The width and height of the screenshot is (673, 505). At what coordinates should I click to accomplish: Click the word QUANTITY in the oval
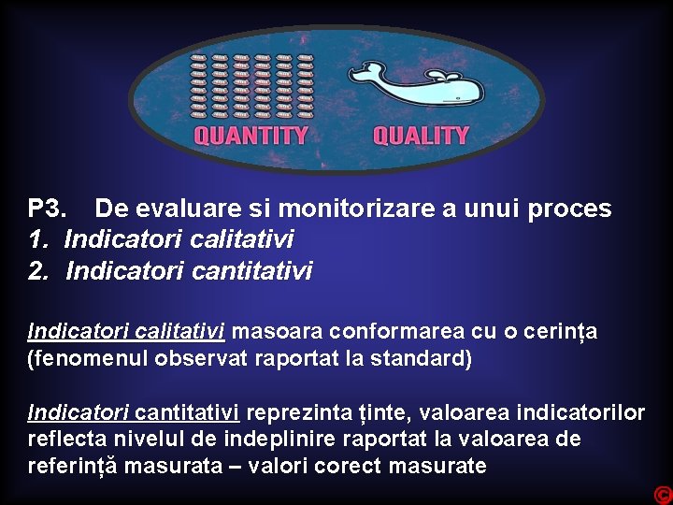tap(251, 136)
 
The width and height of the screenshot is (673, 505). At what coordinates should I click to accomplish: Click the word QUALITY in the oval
tap(421, 136)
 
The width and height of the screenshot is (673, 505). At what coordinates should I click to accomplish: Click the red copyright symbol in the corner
tap(663, 495)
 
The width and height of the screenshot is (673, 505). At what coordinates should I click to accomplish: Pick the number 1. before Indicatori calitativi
tap(39, 240)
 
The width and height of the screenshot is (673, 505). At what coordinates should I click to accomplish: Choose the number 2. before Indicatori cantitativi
tap(39, 272)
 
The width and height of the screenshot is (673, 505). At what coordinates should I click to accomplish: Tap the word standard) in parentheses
tap(424, 358)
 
